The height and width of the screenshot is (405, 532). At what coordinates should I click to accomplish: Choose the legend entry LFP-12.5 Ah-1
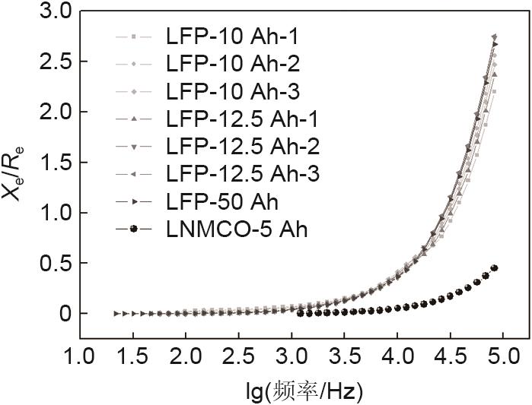[x=241, y=119]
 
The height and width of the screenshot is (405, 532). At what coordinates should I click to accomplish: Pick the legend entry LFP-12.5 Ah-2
[x=241, y=147]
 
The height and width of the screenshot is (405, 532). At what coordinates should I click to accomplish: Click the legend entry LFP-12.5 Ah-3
[x=241, y=174]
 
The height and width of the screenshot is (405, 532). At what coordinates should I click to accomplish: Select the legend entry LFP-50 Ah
[x=221, y=202]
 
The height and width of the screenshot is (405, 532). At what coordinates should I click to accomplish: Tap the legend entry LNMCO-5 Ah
[x=236, y=229]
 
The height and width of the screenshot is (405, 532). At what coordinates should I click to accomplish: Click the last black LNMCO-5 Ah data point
[x=495, y=268]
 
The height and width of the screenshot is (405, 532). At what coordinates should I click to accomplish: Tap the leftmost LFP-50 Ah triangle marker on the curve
[x=116, y=313]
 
